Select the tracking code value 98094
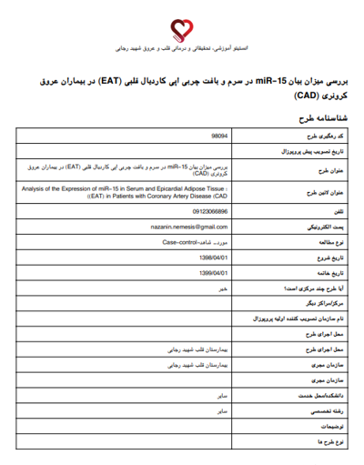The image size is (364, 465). coord(219,135)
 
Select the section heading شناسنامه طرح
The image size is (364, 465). coord(318,118)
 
